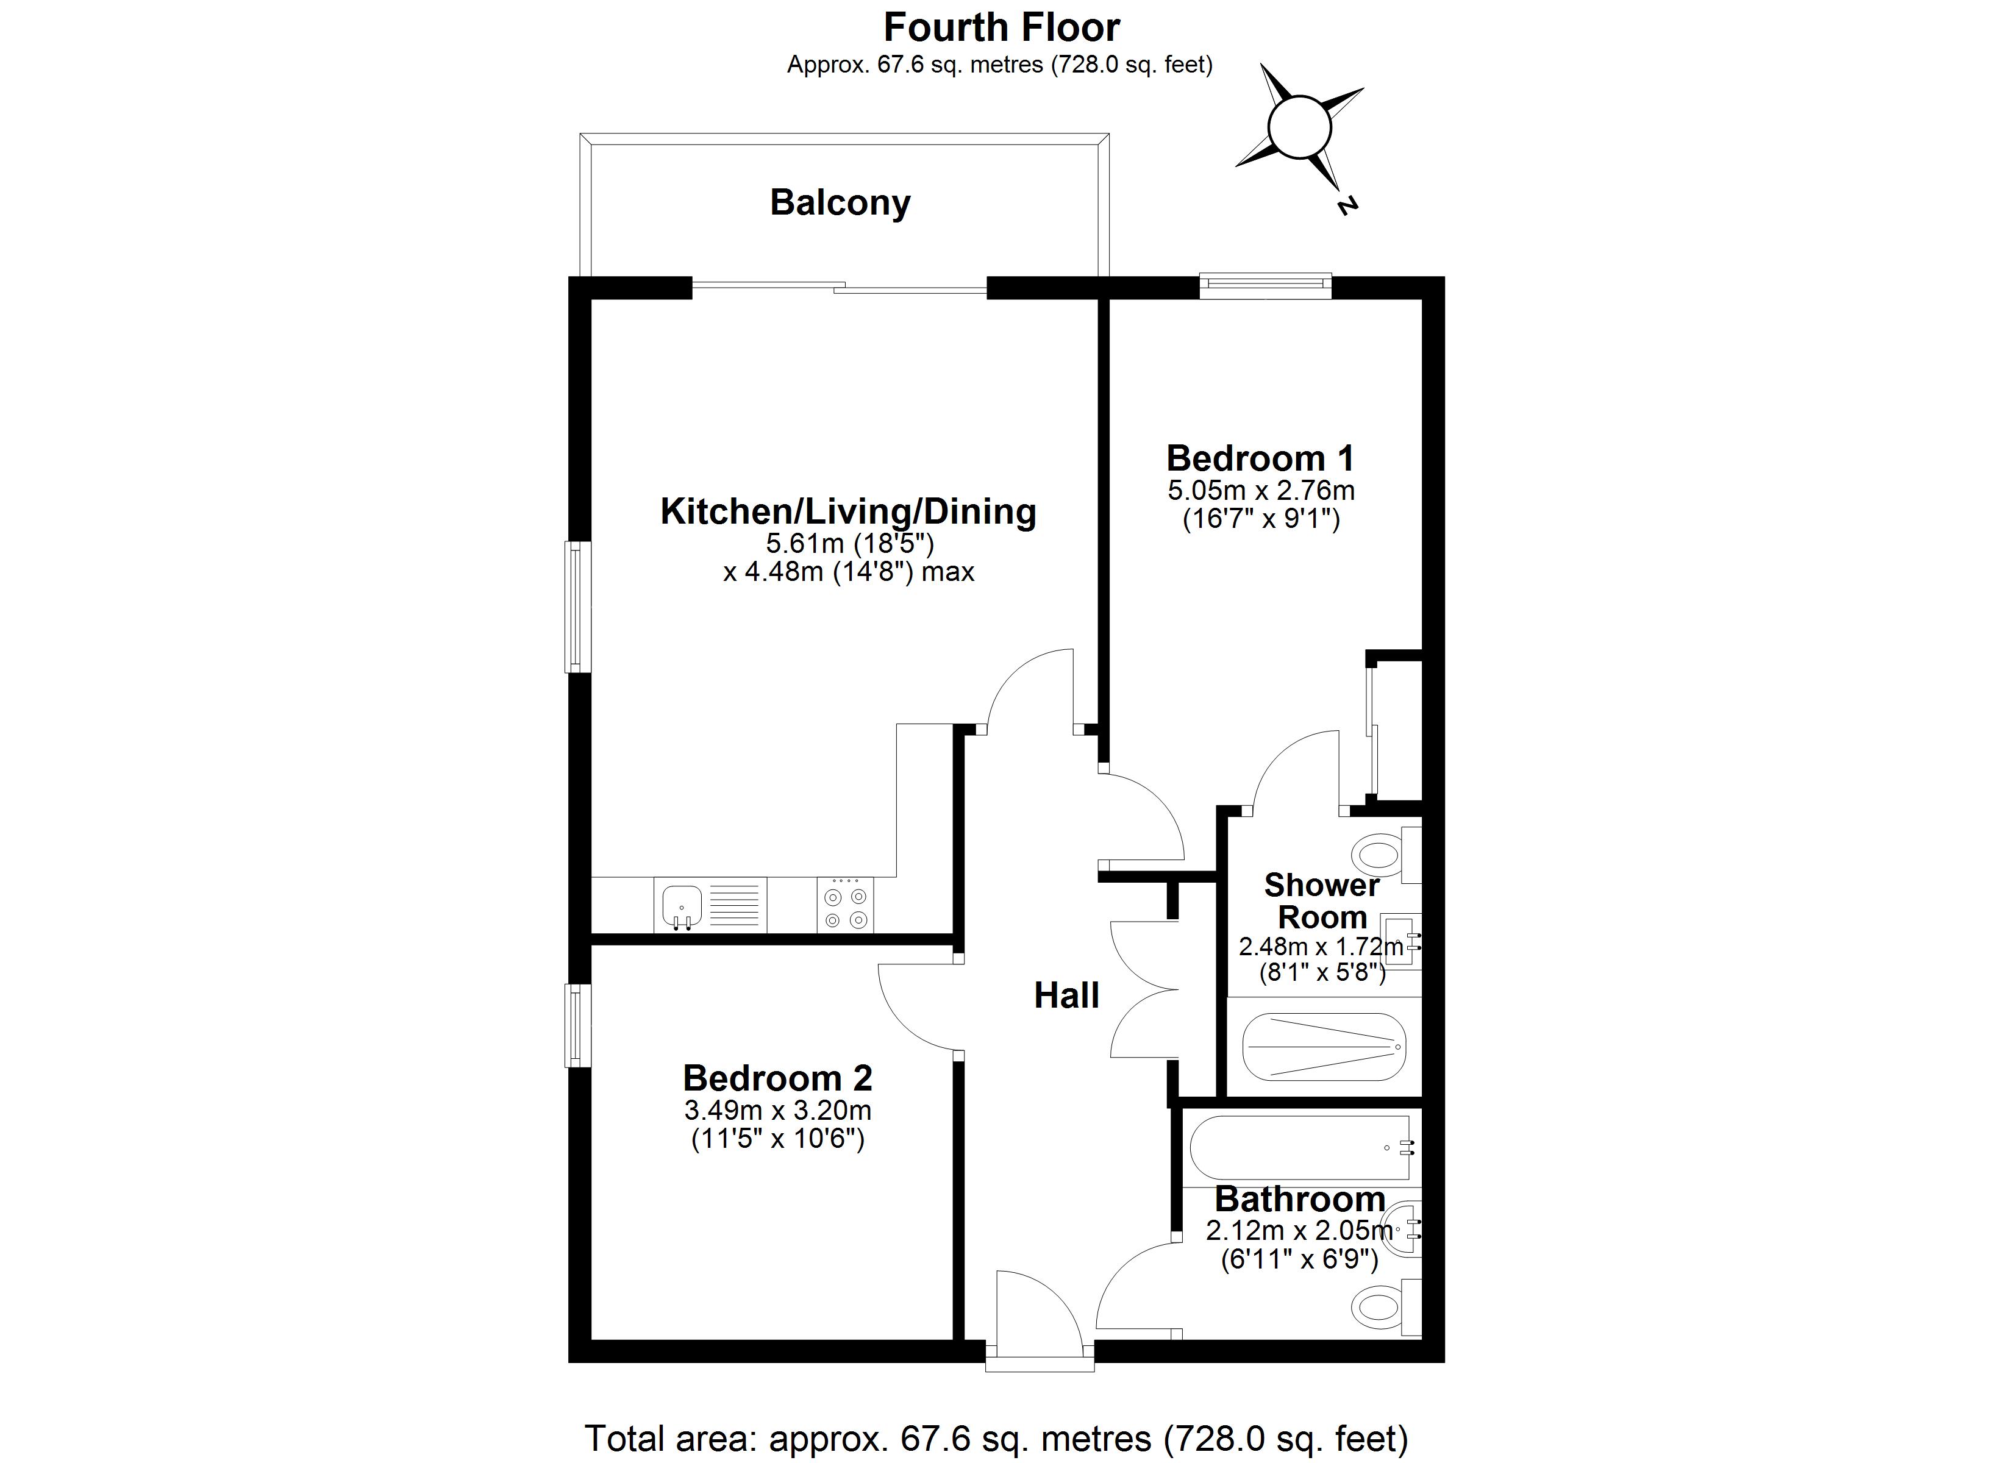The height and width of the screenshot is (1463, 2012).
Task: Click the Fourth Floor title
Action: pos(1002,27)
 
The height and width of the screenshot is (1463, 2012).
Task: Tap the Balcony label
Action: pos(840,203)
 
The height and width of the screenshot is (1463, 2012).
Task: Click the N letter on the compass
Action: pos(1347,206)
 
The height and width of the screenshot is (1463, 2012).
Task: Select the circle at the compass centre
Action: pos(1300,127)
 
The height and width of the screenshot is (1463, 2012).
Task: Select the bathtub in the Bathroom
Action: pos(1300,1147)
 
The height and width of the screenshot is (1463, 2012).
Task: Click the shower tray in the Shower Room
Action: pos(1324,1047)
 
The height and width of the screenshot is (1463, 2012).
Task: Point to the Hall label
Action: pos(1066,995)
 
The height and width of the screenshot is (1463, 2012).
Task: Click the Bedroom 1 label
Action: pos(1261,458)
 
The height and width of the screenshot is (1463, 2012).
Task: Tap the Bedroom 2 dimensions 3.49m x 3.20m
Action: pos(777,1110)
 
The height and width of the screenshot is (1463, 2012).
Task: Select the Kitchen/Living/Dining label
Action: pos(848,512)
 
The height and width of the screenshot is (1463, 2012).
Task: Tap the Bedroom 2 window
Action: pos(579,1025)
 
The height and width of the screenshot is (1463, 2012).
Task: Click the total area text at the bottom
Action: pos(996,1438)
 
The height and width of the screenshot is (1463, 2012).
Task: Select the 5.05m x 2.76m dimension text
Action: pos(1261,491)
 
